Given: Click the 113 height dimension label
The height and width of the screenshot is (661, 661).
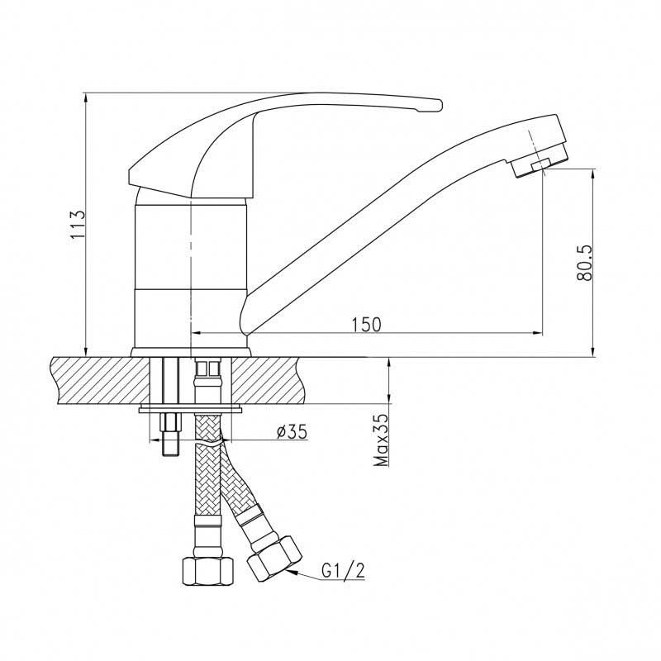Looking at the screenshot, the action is click(78, 224).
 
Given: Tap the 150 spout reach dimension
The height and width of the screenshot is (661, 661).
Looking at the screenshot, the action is click(366, 325).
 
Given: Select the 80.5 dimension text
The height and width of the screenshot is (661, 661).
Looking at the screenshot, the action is click(585, 263).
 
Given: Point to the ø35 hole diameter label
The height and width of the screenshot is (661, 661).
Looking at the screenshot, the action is click(292, 431).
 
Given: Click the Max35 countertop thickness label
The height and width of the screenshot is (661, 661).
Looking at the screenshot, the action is click(382, 440).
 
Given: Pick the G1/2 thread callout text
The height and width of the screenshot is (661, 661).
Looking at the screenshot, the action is click(343, 571).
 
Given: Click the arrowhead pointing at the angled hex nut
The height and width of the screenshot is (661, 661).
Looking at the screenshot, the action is click(292, 572).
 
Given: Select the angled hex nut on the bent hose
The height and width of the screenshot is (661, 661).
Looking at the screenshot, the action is click(275, 558).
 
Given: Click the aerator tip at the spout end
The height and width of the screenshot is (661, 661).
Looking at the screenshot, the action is click(540, 162).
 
